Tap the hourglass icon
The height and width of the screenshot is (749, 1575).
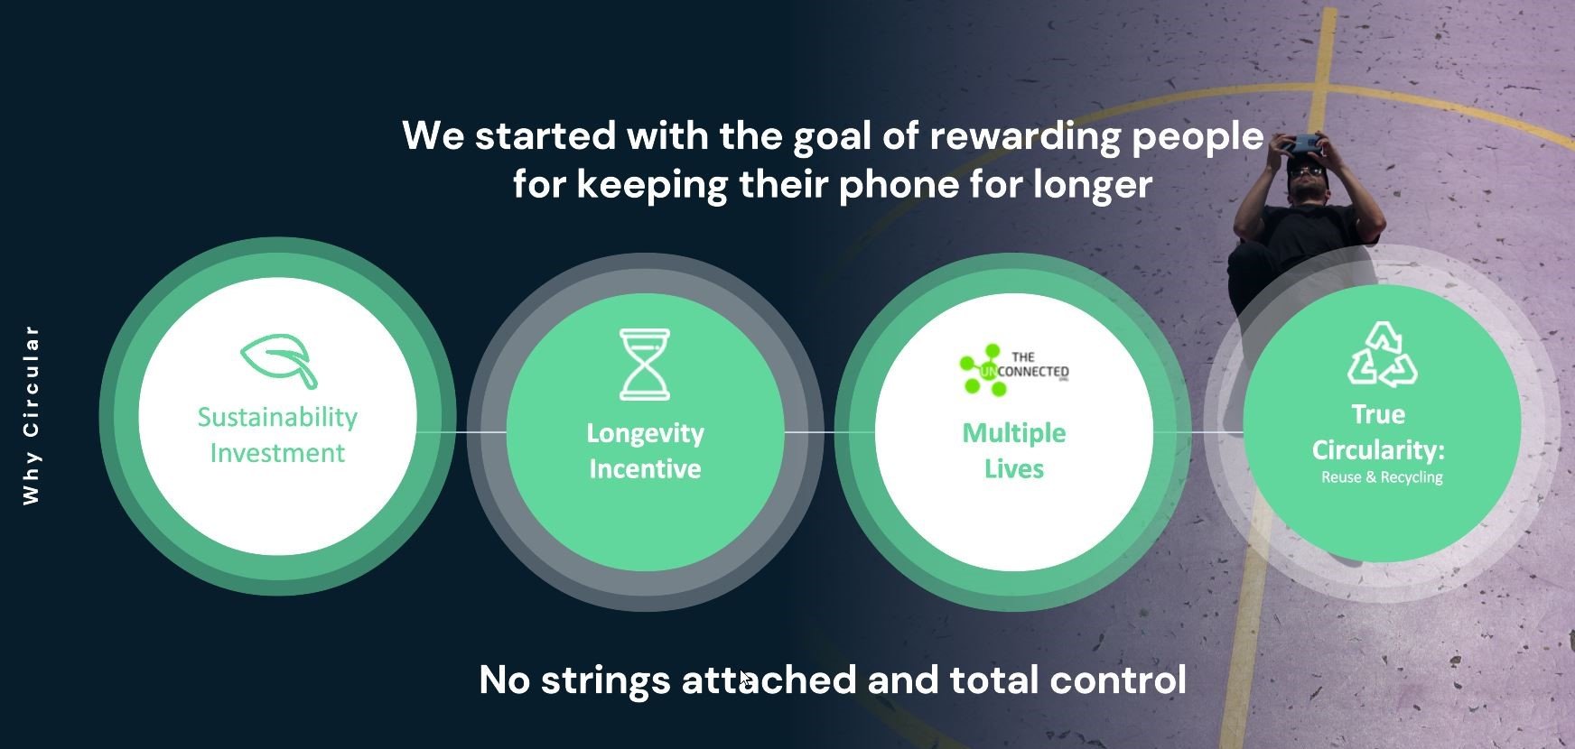click(x=645, y=365)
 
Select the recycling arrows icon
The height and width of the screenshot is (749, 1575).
click(x=1382, y=355)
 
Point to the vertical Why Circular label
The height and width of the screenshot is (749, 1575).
click(x=32, y=414)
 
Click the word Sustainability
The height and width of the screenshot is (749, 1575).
click(x=277, y=418)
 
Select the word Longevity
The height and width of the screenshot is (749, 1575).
click(x=645, y=434)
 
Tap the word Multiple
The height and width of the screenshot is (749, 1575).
click(x=1013, y=434)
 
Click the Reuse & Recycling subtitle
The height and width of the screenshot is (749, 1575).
click(x=1382, y=477)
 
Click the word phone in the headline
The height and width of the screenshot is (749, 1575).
click(x=899, y=185)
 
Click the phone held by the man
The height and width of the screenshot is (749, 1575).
click(x=1301, y=143)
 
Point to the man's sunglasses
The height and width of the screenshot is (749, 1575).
click(x=1307, y=170)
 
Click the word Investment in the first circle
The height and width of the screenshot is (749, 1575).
click(x=277, y=453)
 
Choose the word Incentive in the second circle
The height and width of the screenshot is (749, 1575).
click(x=645, y=469)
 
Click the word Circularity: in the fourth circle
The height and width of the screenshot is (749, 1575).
click(x=1378, y=450)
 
